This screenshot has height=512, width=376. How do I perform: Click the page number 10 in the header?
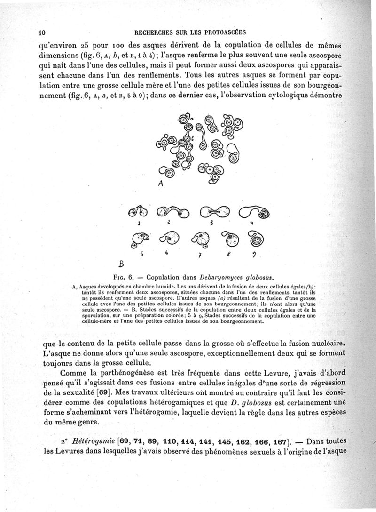point(41,32)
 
